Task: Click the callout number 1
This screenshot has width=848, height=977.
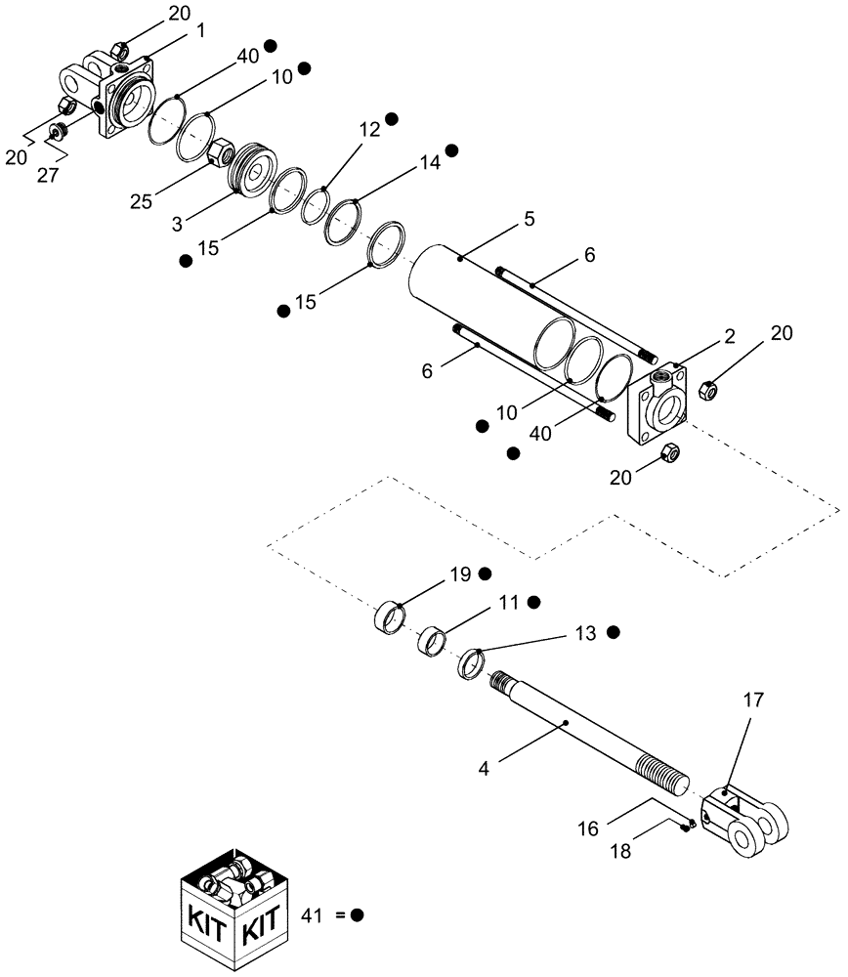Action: click(x=200, y=31)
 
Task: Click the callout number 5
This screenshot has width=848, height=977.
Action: click(x=529, y=220)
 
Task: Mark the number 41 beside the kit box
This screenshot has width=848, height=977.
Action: click(x=313, y=915)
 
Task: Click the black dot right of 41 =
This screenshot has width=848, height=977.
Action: click(x=358, y=915)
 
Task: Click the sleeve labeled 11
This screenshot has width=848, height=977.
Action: click(x=432, y=642)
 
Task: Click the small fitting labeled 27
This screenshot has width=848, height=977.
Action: click(x=57, y=129)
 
